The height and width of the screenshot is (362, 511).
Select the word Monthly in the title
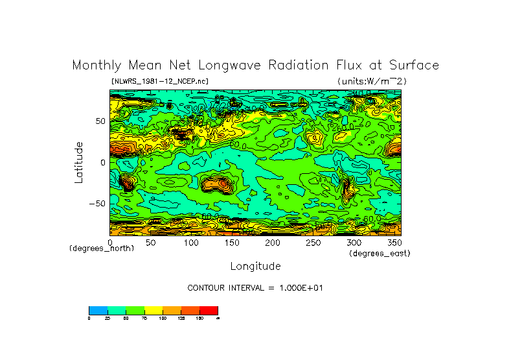[x=95, y=66]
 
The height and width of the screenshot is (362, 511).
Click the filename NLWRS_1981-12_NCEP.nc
[x=159, y=81]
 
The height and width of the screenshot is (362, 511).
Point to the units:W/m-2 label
[x=372, y=81]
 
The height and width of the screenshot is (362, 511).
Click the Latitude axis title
[x=78, y=162]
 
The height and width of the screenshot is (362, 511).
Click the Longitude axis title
[x=255, y=266]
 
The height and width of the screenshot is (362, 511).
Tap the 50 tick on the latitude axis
[x=100, y=121]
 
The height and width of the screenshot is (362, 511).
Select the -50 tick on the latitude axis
[x=97, y=203]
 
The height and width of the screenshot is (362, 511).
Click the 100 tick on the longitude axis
[x=190, y=243]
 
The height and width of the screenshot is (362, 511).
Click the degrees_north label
[x=102, y=249]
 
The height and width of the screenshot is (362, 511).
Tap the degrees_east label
[x=380, y=254]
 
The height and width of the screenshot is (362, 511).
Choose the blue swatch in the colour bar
[x=98, y=310]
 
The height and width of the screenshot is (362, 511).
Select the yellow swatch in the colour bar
[x=153, y=310]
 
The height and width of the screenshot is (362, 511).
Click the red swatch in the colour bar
[x=209, y=310]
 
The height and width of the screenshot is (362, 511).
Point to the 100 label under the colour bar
[x=163, y=318]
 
